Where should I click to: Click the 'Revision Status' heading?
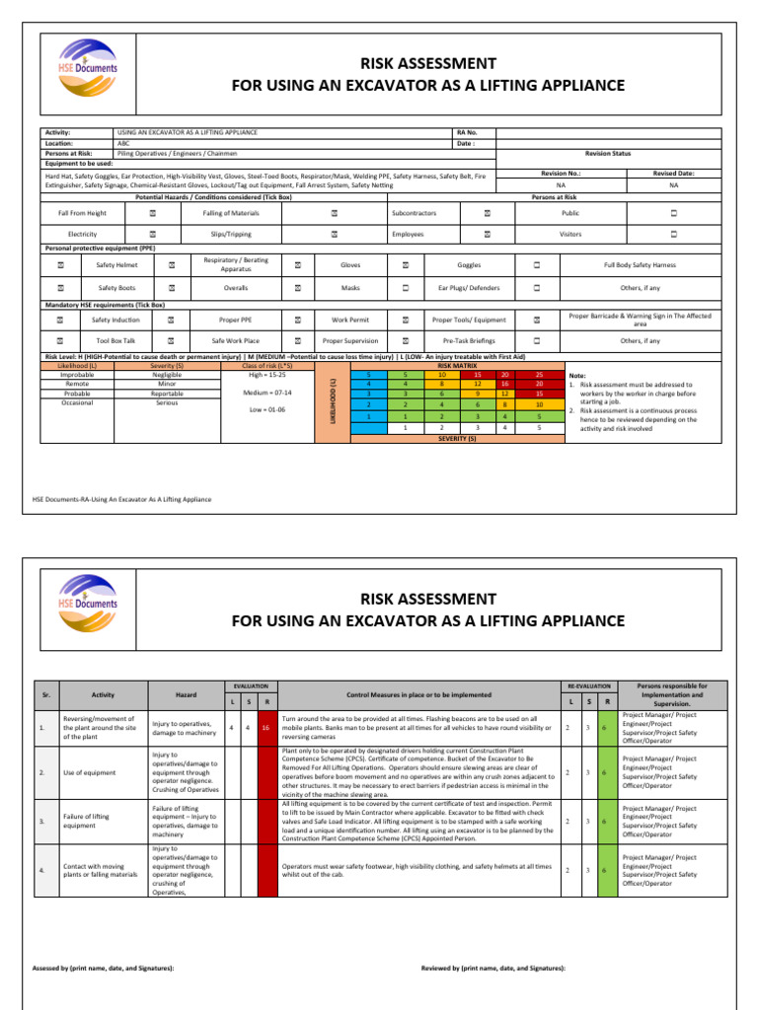608,154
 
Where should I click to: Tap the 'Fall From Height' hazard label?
82,213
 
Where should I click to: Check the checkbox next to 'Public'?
673,213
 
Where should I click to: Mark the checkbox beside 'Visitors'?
673,235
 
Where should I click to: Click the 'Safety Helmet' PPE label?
115,265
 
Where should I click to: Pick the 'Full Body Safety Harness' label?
641,265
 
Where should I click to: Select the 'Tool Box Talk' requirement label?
115,340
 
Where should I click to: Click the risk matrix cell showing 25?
539,376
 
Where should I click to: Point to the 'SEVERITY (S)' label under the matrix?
457,438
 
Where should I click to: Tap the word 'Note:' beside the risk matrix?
580,376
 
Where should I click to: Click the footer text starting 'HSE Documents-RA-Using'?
122,499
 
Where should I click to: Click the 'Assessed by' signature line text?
104,968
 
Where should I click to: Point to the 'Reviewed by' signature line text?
493,968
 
